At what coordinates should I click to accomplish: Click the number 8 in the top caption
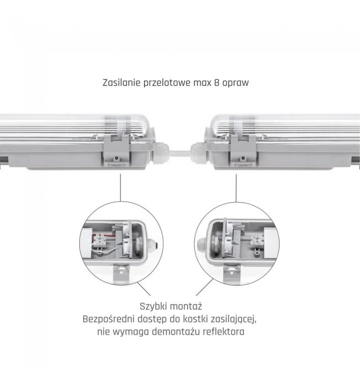(x=217, y=83)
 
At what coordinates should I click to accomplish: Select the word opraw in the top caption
(x=235, y=84)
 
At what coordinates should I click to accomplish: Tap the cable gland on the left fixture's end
(x=161, y=153)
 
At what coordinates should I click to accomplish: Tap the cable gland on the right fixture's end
(x=198, y=153)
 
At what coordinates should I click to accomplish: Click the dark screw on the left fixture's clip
(x=116, y=158)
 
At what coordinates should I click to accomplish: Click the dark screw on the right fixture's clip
(x=243, y=158)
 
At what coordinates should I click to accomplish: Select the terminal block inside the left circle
(x=100, y=240)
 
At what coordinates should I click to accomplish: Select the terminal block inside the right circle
(x=257, y=239)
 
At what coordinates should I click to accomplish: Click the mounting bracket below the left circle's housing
(x=121, y=274)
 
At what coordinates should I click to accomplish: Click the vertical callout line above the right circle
(x=236, y=188)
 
